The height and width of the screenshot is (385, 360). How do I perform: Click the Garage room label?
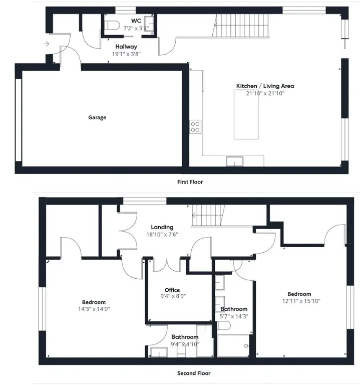[x=97, y=118]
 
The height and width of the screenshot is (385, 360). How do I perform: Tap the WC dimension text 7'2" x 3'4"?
[x=136, y=29]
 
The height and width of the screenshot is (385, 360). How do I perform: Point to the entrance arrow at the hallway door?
[x=46, y=44]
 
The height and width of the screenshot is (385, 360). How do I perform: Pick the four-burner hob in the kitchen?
[x=195, y=127]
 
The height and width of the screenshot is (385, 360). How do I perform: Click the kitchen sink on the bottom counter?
[x=234, y=161]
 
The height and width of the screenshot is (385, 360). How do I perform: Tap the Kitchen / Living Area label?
[x=265, y=86]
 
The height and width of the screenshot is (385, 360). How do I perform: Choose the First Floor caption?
[x=190, y=182]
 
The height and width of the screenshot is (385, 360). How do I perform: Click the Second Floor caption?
[x=194, y=373]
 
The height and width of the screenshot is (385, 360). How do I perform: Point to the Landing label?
[x=162, y=227]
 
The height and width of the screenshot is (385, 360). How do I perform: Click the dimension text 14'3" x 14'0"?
[x=94, y=309]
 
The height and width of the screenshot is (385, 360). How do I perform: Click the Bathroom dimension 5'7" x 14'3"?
[x=234, y=316]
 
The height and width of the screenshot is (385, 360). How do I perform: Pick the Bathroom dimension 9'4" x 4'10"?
[x=185, y=344]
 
